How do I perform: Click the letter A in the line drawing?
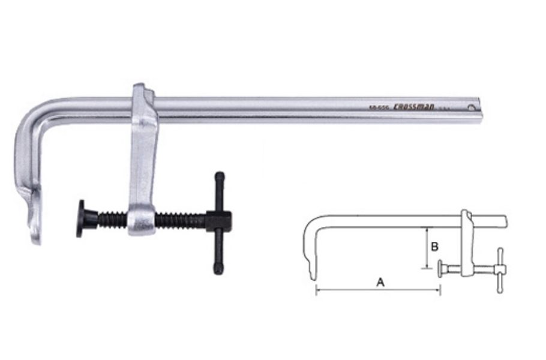tap(380, 281)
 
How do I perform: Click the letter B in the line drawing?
tap(436, 246)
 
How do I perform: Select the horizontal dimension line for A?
tap(378, 290)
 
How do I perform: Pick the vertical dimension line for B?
tap(426, 248)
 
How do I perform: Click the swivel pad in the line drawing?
tap(441, 268)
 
